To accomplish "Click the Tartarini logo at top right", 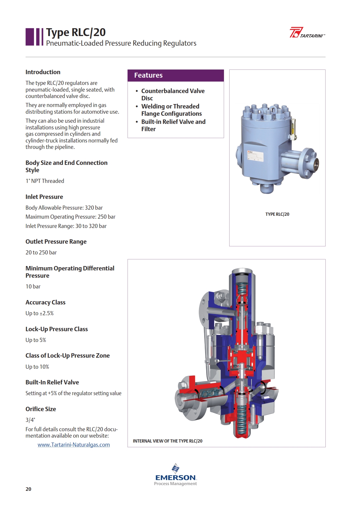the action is [x=307, y=32].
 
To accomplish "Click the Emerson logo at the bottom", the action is [x=175, y=475].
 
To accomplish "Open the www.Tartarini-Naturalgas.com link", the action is [x=74, y=445].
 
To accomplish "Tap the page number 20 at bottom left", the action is [x=28, y=489].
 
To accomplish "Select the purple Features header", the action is [x=175, y=75].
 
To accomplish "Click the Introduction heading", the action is [x=43, y=72].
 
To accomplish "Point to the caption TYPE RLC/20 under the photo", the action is [x=277, y=214].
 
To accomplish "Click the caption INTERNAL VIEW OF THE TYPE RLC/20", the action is [x=168, y=441].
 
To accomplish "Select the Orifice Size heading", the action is [x=41, y=409].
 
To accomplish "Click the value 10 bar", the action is [x=33, y=286].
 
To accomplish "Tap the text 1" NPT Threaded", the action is [x=45, y=181].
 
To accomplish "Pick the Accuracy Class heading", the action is [x=45, y=302].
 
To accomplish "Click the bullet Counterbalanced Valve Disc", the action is [x=173, y=94].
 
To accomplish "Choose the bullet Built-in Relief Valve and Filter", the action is [x=173, y=125].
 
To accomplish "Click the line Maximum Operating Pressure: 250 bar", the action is [x=70, y=217].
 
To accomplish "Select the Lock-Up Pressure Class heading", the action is [x=57, y=329].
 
